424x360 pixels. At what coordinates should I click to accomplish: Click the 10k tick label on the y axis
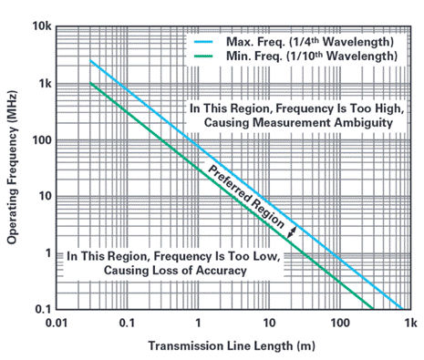click(x=42, y=26)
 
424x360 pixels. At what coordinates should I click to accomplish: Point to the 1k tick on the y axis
click(x=45, y=83)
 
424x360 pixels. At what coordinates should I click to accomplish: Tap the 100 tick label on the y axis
click(x=42, y=140)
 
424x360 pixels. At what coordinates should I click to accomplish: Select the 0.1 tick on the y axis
click(x=44, y=309)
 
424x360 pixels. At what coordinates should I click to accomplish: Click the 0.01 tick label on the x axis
click(x=57, y=323)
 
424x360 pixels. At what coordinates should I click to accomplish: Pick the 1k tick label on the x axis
click(x=411, y=323)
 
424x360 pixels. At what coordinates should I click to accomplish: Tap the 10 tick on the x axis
click(x=269, y=323)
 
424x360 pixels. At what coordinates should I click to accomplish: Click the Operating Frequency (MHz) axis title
click(x=12, y=168)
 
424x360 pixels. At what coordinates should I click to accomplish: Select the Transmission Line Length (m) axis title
click(x=232, y=345)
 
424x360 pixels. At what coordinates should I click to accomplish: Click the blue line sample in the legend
click(x=203, y=42)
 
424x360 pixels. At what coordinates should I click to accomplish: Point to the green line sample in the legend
click(x=203, y=56)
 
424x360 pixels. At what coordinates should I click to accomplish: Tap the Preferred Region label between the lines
click(x=246, y=197)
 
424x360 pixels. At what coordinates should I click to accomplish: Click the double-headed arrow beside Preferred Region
click(x=292, y=232)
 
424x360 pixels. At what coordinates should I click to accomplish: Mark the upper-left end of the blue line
click(x=90, y=60)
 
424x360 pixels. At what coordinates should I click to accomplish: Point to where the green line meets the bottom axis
click(x=373, y=309)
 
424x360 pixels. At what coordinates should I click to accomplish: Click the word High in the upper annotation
click(x=390, y=108)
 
